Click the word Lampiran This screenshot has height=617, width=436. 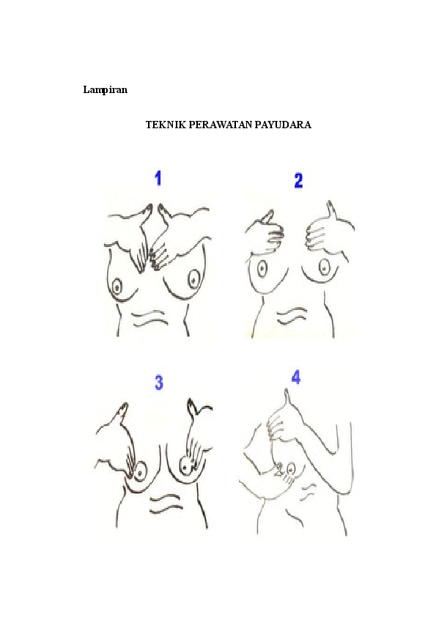click(106, 90)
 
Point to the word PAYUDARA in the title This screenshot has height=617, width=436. click(283, 125)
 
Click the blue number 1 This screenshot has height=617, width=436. click(158, 177)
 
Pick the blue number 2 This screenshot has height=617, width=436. click(298, 180)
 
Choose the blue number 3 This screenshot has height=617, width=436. click(158, 383)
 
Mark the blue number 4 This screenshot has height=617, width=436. click(296, 377)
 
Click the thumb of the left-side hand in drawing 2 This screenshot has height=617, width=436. click(268, 218)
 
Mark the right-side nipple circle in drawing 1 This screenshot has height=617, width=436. click(193, 278)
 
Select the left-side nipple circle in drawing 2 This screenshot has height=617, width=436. click(262, 268)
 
